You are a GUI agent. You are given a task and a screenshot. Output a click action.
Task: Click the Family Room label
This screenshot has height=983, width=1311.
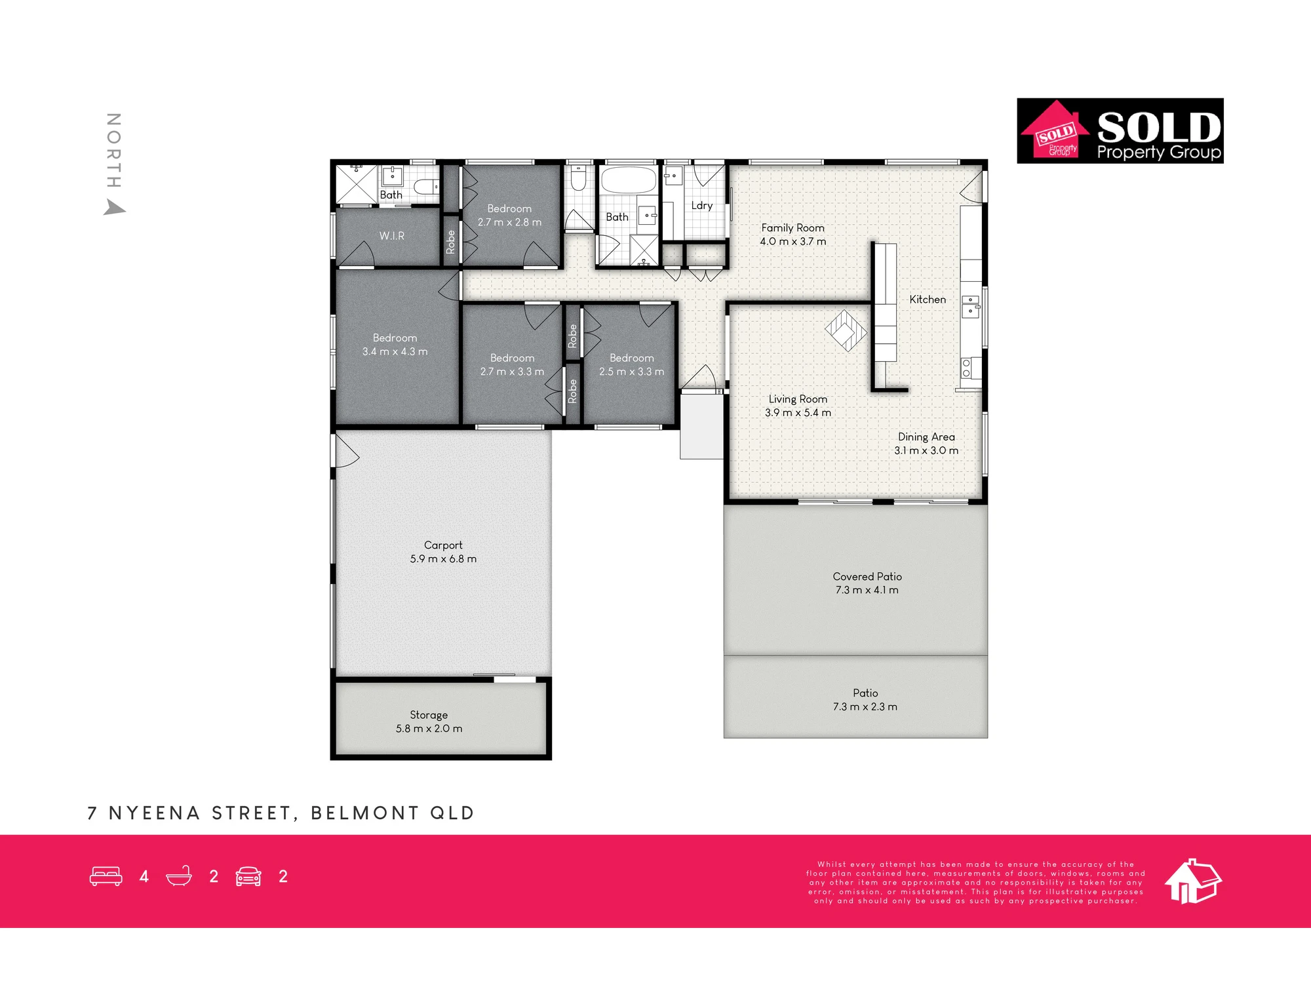tap(792, 228)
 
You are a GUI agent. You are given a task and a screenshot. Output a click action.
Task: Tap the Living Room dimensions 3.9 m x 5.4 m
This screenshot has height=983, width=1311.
tap(798, 413)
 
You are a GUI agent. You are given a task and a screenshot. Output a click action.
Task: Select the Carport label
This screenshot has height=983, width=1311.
tap(443, 545)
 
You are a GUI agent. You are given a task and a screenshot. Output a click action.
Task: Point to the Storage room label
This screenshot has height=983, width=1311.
tap(429, 715)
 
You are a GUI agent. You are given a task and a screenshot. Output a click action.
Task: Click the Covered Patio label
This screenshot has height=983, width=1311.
tap(867, 577)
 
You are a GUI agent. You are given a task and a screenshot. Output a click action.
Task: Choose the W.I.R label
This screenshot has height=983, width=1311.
tap(392, 236)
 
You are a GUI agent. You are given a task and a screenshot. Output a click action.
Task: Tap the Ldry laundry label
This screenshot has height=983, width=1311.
tap(702, 206)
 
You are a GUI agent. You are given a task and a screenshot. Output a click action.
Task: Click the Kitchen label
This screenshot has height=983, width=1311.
tap(928, 299)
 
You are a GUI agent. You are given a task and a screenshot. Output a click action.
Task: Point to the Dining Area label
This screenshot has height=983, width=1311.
tap(926, 437)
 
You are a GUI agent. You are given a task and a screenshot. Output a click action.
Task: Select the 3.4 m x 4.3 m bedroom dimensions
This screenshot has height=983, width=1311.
tap(395, 352)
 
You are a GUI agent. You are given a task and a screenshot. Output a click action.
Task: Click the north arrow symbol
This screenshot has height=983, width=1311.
tap(114, 208)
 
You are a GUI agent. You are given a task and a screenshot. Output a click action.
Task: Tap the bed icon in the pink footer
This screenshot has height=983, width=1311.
tap(106, 876)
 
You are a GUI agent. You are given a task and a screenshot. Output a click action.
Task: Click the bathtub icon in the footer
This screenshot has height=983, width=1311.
tap(179, 876)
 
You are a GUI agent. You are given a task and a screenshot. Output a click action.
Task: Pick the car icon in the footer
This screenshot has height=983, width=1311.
tap(248, 876)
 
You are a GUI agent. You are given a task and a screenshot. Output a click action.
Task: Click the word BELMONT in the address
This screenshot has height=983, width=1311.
tap(364, 813)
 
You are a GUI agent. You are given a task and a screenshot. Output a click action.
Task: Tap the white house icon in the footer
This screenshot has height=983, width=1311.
tap(1193, 881)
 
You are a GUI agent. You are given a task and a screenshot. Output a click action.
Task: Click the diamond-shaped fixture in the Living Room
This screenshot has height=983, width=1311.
tap(846, 330)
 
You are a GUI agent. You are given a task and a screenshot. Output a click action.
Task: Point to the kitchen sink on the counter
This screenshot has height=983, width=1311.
tap(970, 307)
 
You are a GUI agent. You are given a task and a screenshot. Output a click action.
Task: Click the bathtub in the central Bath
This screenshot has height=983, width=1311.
tap(629, 180)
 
